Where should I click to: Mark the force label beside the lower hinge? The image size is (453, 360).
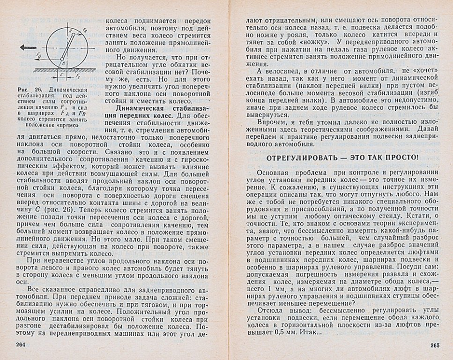pos(39,55)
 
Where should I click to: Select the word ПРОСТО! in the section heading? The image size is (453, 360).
pos(402,157)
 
